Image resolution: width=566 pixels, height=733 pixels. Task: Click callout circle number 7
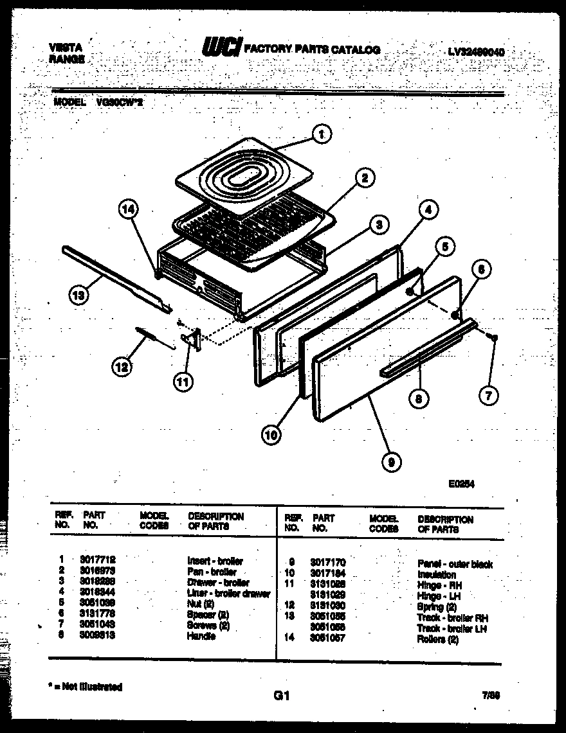pos(488,396)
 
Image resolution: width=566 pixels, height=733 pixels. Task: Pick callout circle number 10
pos(271,435)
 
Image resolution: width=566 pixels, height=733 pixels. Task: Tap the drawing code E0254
pos(461,485)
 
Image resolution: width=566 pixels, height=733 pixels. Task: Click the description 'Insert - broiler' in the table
pos(215,561)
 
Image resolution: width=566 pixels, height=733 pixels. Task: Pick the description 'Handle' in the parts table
pos(201,636)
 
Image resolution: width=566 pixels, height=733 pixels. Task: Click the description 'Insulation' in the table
pos(437,574)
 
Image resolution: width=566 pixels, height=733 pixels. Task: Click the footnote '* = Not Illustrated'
pos(86,687)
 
